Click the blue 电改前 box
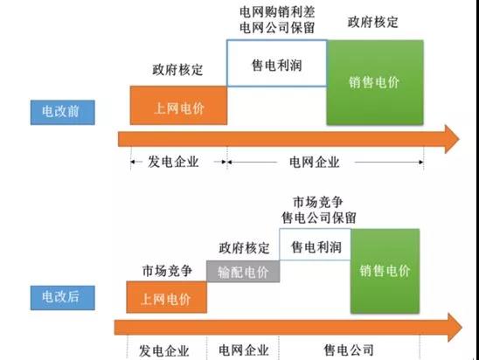point(63,112)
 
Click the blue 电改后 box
point(63,298)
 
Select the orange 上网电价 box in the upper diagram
point(178,106)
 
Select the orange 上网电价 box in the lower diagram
point(166,297)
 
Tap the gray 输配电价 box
point(243,271)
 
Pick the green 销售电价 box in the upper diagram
point(375,82)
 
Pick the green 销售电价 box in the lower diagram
point(385,271)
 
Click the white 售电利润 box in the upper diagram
point(277,63)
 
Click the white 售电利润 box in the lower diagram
point(316,245)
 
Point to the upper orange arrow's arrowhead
point(452,139)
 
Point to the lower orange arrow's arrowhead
point(455,328)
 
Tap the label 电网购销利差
point(277,12)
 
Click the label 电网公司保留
point(277,28)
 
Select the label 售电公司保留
point(319,218)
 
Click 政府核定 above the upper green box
point(373,22)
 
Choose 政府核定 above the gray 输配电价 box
point(244,248)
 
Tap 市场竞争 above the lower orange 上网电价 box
point(167,271)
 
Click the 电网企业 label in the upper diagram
point(315,162)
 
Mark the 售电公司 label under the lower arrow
point(349,350)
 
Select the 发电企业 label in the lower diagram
point(164,351)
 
